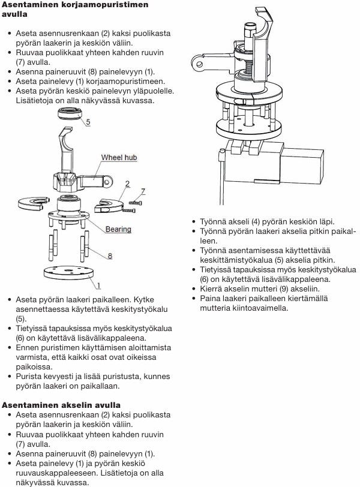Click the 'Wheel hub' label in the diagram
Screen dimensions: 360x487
click(119, 158)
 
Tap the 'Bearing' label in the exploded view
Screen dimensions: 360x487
click(118, 229)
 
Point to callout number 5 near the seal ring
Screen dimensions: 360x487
click(88, 122)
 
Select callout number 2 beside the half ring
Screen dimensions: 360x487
click(127, 184)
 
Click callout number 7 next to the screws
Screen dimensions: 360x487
click(143, 191)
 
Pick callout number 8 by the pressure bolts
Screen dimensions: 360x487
click(110, 256)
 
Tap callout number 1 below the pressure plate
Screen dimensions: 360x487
click(99, 285)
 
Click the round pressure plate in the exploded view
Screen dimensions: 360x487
click(68, 272)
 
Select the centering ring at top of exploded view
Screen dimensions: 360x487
click(70, 113)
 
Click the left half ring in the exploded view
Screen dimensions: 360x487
click(34, 203)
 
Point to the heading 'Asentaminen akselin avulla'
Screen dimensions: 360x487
click(61, 405)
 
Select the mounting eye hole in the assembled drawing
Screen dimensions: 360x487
click(199, 64)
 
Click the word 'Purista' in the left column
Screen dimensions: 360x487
click(29, 377)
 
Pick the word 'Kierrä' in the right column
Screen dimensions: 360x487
click(212, 289)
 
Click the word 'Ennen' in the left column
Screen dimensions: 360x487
click(28, 347)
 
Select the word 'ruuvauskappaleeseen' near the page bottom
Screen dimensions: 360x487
click(58, 473)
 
